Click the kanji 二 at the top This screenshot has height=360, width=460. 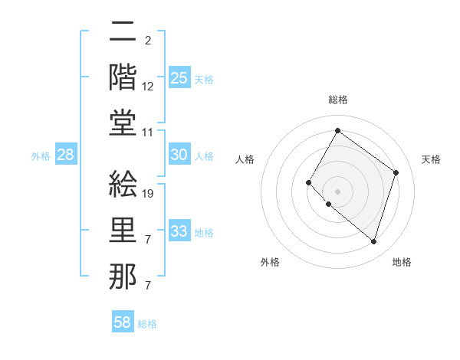pyautogui.click(x=123, y=32)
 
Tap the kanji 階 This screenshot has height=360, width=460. pyautogui.click(x=123, y=77)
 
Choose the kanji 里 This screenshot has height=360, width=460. pyautogui.click(x=123, y=231)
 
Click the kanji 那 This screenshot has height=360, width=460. pyautogui.click(x=123, y=276)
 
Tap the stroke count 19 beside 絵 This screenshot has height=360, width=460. pyautogui.click(x=149, y=194)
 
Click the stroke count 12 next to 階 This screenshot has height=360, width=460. pyautogui.click(x=149, y=87)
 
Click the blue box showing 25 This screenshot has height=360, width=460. pyautogui.click(x=179, y=77)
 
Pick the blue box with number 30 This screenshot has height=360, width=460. pyautogui.click(x=179, y=155)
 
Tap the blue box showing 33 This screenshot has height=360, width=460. pyautogui.click(x=179, y=231)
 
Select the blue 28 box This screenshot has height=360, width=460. pyautogui.click(x=66, y=155)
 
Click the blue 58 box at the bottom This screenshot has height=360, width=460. pyautogui.click(x=123, y=322)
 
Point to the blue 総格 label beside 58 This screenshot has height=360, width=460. pyautogui.click(x=148, y=324)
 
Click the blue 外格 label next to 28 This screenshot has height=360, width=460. pyautogui.click(x=41, y=156)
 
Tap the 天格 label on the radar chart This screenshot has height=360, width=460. pyautogui.click(x=431, y=159)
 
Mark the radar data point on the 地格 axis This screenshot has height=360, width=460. pyautogui.click(x=373, y=242)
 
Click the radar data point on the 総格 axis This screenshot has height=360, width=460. pyautogui.click(x=337, y=131)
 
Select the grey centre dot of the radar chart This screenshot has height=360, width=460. pyautogui.click(x=337, y=191)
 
